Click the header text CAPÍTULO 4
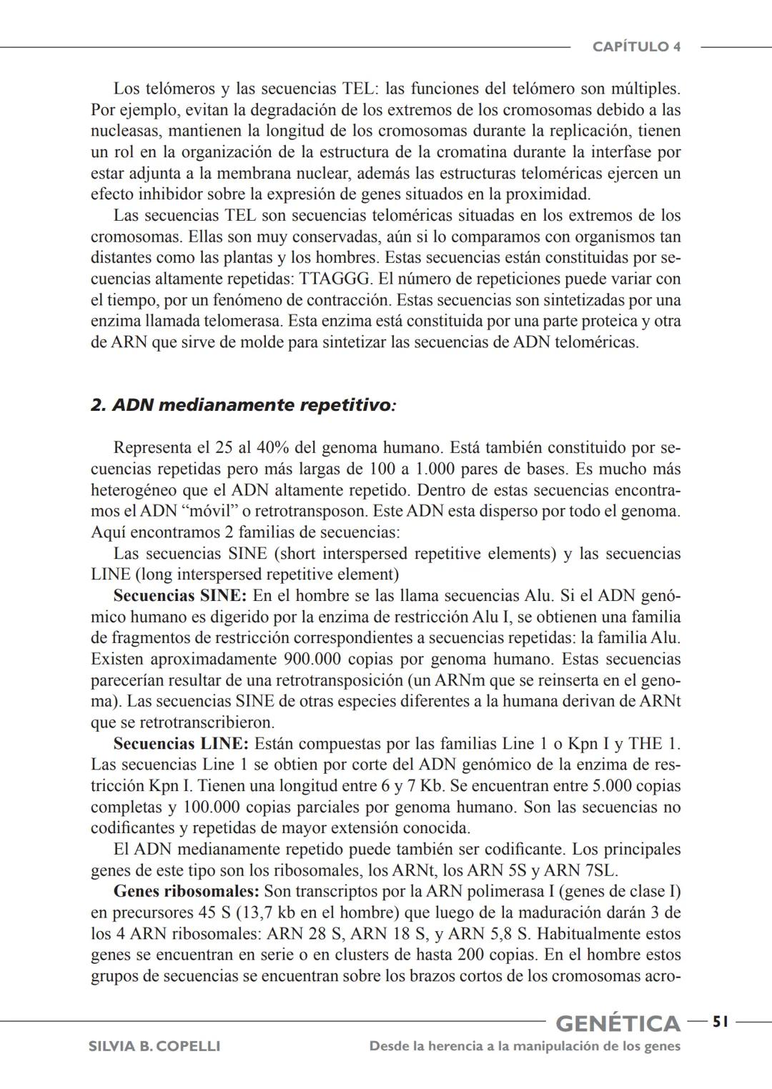636,47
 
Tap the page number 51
720,1022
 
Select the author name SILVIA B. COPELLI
154,1046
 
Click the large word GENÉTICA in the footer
618,1023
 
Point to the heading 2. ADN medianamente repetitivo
243,405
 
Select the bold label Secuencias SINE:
180,596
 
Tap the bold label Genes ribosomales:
186,892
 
